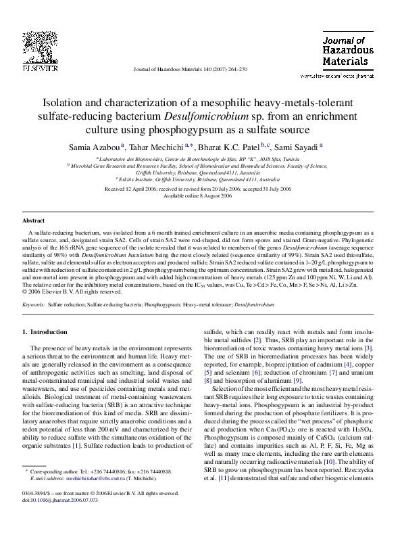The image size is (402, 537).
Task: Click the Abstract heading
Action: pyautogui.click(x=33, y=220)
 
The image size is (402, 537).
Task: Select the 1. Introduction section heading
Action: pyautogui.click(x=45, y=332)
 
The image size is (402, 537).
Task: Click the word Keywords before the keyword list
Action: pyautogui.click(x=33, y=305)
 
